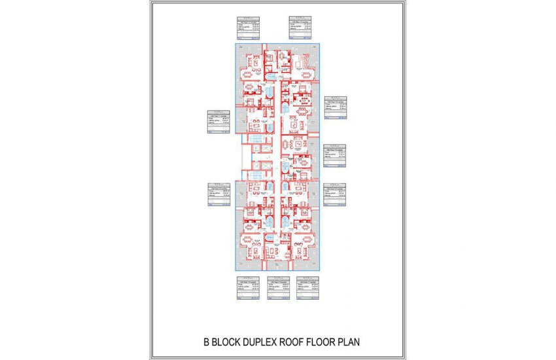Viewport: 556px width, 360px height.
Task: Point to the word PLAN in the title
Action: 347,342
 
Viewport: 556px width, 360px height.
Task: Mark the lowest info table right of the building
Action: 336,194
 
